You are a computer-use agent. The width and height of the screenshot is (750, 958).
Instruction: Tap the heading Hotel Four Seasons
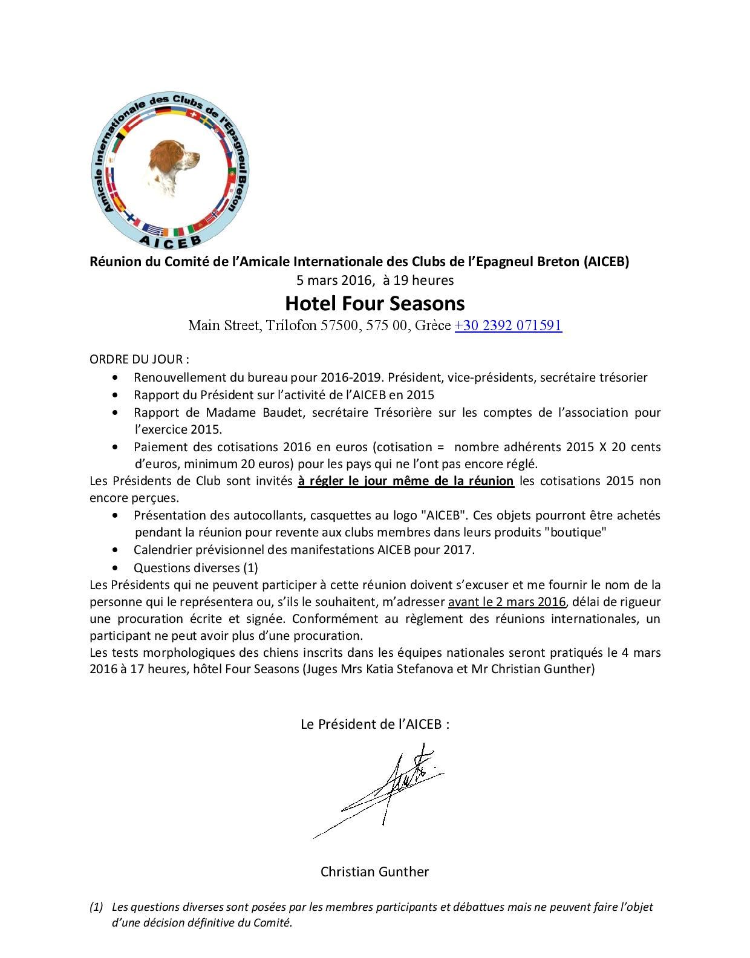pos(374,303)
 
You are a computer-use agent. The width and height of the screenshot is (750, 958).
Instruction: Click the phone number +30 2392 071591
pos(508,325)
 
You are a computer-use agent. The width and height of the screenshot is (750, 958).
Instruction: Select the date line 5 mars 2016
pos(374,280)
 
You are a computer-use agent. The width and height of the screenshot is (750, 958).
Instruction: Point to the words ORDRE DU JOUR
pos(139,359)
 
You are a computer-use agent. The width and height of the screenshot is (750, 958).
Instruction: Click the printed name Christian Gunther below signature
pos(374,872)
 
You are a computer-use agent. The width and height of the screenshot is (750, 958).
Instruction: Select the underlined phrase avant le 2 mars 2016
pos(507,602)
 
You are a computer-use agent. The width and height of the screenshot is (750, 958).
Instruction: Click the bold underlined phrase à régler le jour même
pos(405,481)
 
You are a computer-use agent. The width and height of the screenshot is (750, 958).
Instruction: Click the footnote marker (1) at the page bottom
pos(96,907)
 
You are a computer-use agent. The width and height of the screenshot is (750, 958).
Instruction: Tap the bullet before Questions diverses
pos(116,568)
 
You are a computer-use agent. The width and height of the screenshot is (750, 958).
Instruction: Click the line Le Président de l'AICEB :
pos(374,724)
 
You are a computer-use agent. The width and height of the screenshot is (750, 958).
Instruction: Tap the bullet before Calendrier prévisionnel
pos(116,550)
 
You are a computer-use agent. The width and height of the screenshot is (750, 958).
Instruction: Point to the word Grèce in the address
pos(433,325)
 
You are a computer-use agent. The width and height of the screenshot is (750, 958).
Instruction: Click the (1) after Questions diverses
pos(250,568)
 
